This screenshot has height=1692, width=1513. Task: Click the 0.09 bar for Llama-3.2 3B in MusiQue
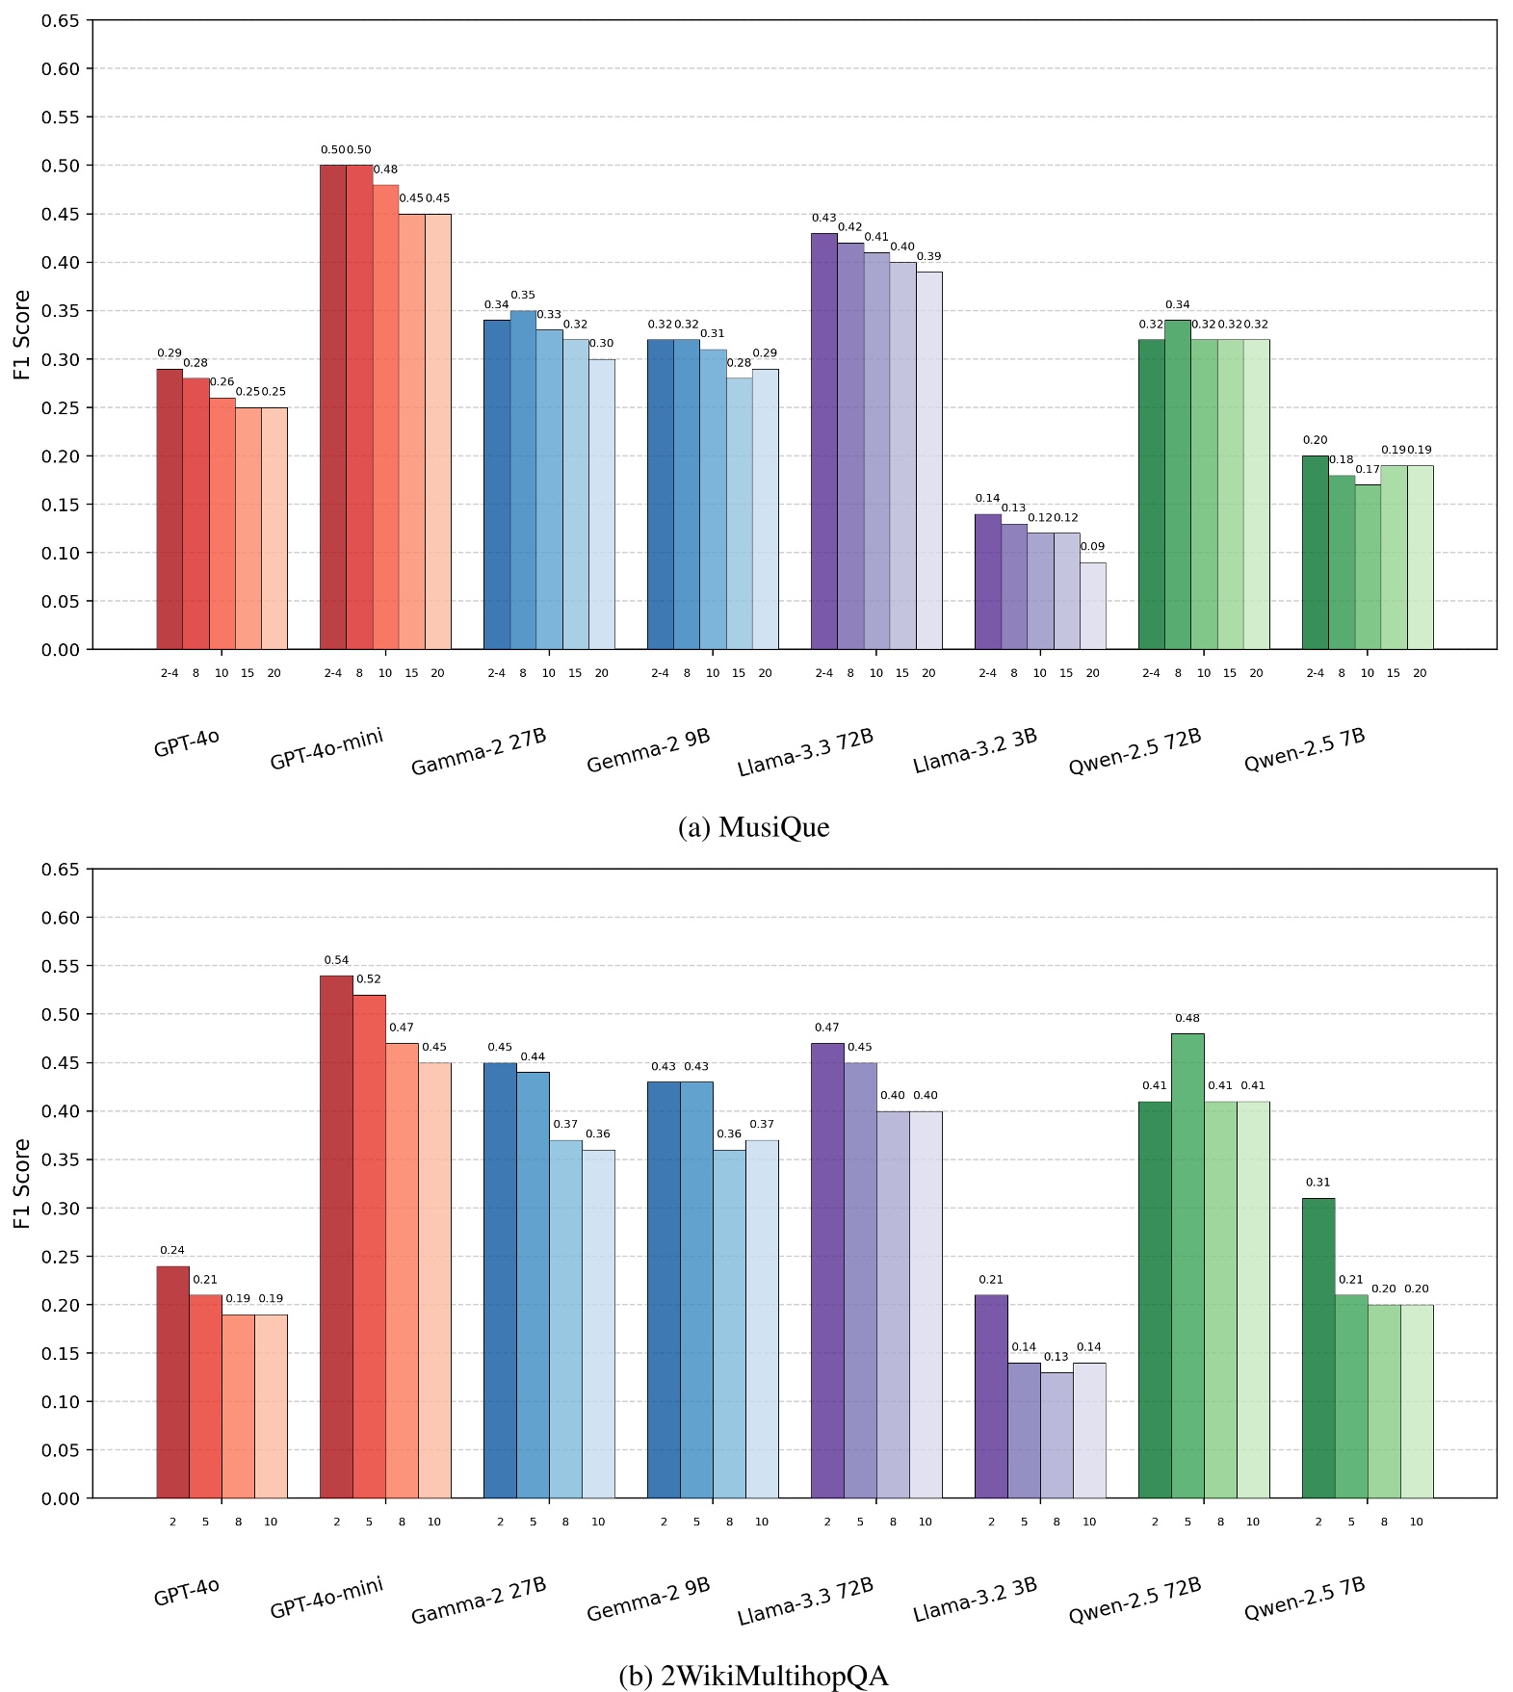pyautogui.click(x=1092, y=606)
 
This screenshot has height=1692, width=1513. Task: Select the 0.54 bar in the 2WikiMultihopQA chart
pyautogui.click(x=336, y=1236)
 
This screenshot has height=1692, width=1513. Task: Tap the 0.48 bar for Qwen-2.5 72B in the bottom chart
pyautogui.click(x=1187, y=1265)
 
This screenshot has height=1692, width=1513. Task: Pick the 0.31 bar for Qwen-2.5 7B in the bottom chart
pyautogui.click(x=1318, y=1348)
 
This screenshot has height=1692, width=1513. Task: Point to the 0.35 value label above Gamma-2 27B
pyautogui.click(x=523, y=296)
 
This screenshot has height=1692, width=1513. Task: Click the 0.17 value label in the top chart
pyautogui.click(x=1368, y=470)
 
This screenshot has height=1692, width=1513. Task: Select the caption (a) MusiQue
pyautogui.click(x=753, y=827)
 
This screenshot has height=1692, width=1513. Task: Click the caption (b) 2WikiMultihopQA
pyautogui.click(x=753, y=1677)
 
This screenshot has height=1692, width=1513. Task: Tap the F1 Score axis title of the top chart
pyautogui.click(x=22, y=334)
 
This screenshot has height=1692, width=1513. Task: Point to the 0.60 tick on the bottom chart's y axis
pyautogui.click(x=60, y=918)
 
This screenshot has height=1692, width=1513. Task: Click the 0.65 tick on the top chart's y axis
pyautogui.click(x=60, y=20)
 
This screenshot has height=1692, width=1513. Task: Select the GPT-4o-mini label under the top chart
pyautogui.click(x=326, y=749)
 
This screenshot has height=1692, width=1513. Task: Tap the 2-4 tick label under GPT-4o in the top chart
pyautogui.click(x=170, y=673)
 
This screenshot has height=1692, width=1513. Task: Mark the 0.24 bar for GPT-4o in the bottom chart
pyautogui.click(x=172, y=1382)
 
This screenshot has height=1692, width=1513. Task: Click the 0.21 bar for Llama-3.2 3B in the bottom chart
pyautogui.click(x=991, y=1396)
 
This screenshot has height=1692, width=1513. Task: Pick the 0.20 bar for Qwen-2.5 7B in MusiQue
pyautogui.click(x=1315, y=553)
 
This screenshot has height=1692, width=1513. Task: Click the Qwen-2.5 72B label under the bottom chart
pyautogui.click(x=1135, y=1601)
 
